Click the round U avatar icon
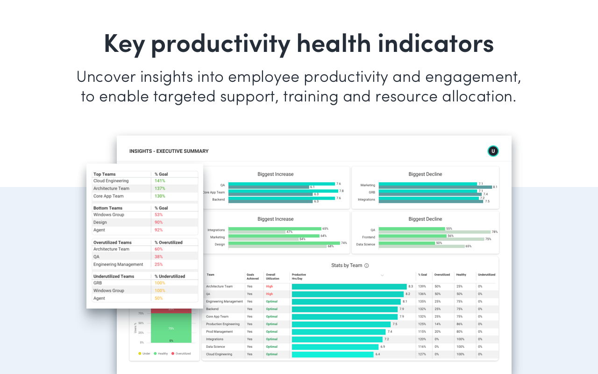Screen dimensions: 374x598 493,151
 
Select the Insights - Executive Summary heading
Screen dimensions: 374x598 169,151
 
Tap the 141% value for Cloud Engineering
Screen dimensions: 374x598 160,181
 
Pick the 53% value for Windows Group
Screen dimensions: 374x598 159,215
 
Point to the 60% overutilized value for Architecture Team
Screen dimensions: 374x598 159,249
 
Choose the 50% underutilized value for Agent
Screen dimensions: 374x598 159,298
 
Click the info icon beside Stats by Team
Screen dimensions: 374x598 367,266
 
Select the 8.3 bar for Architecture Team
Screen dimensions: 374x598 349,287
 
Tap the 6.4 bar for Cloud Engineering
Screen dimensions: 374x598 333,354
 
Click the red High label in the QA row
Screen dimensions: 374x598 269,294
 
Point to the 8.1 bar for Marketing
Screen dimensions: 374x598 435,187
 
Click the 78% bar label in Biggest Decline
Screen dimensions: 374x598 494,232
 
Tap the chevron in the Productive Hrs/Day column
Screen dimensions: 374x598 382,275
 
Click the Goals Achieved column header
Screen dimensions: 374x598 253,276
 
